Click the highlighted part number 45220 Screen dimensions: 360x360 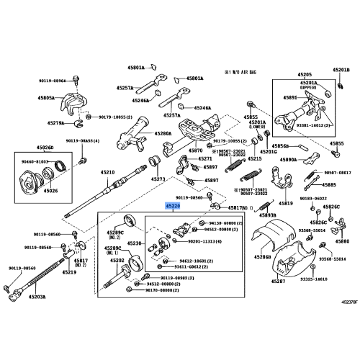[175, 206]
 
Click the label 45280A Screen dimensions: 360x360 [163, 134]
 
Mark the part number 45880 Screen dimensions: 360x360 [342, 243]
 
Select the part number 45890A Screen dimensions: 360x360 [288, 160]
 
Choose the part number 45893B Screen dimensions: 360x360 [267, 215]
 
